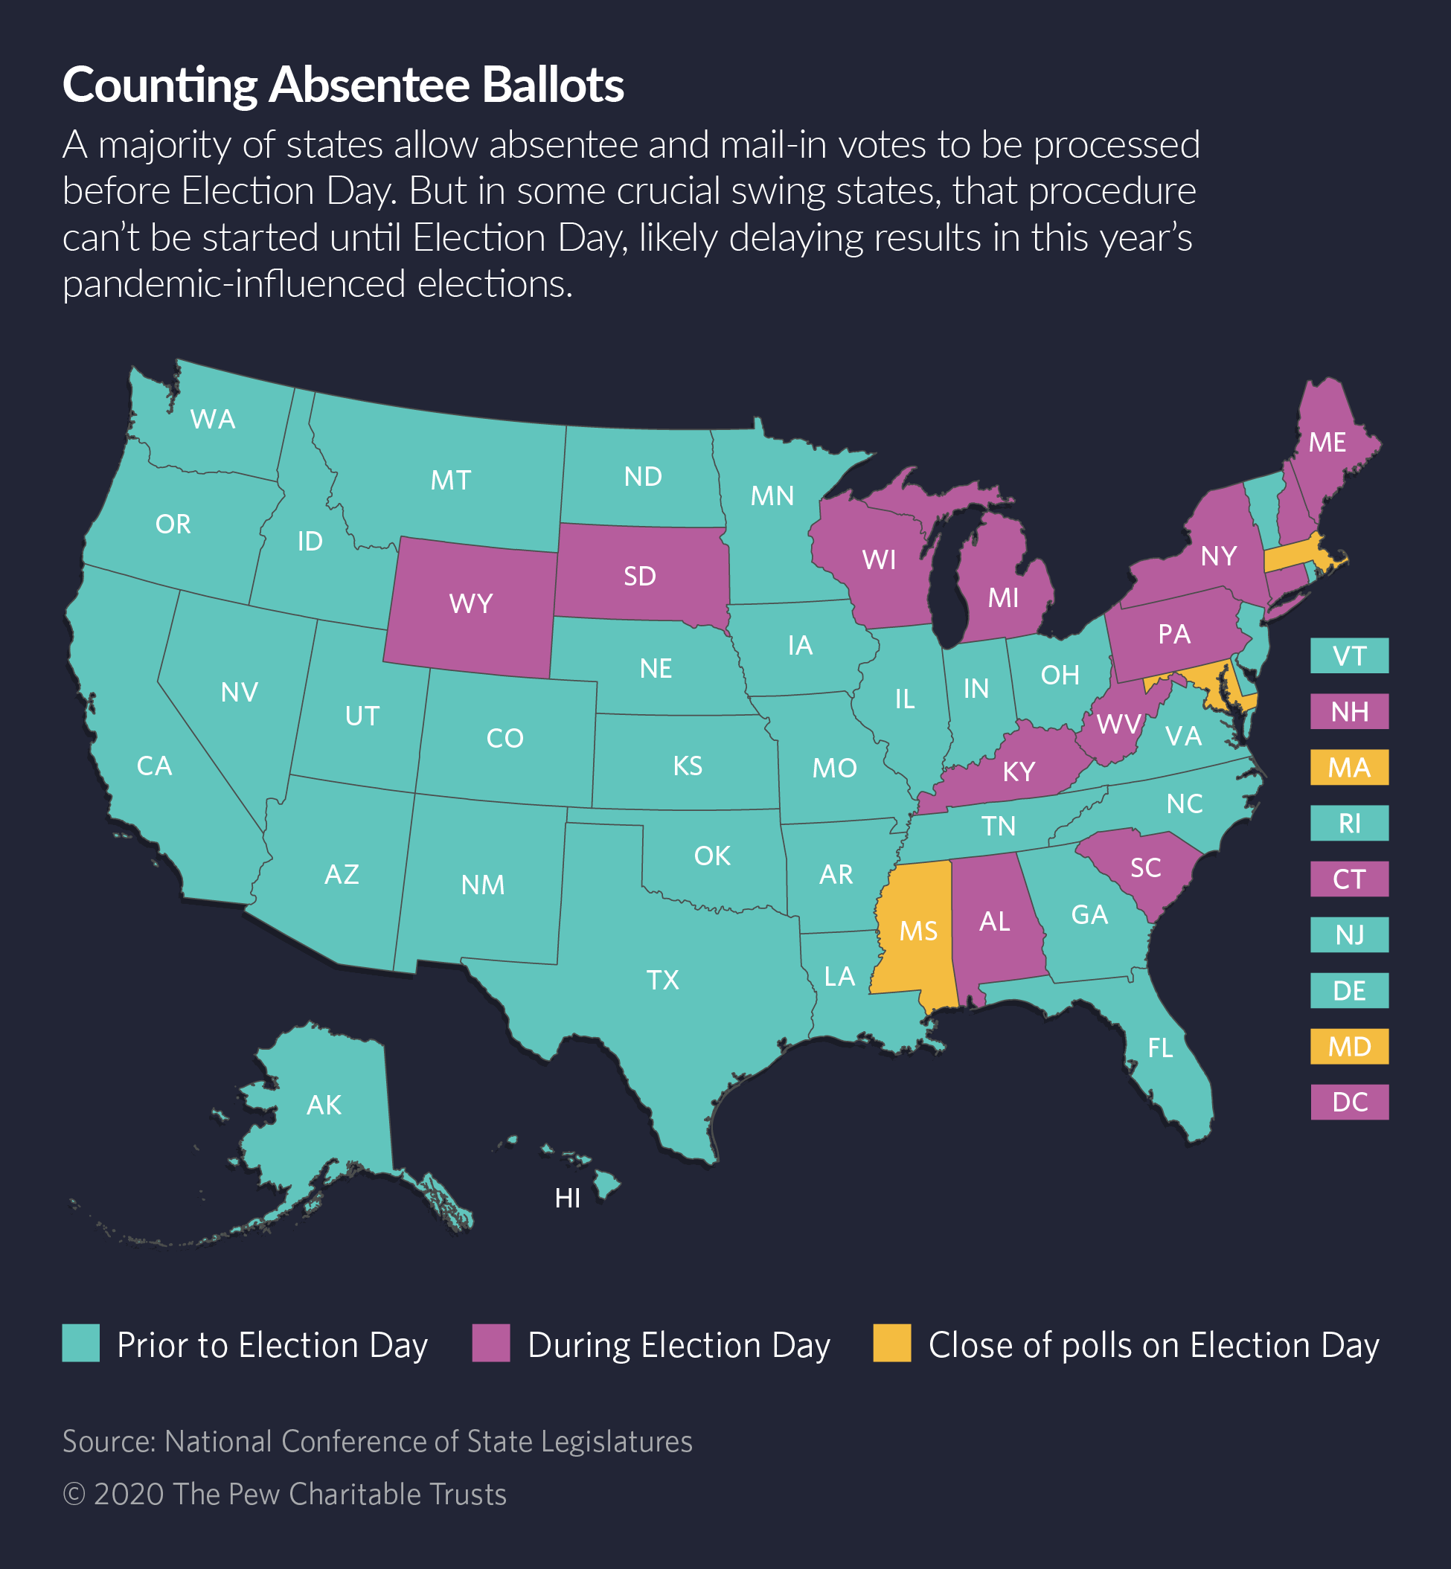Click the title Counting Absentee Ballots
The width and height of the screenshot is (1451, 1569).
[343, 84]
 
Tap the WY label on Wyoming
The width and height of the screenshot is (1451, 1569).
[470, 603]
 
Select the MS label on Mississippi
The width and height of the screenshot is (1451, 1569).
[918, 931]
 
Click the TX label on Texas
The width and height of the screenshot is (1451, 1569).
[662, 980]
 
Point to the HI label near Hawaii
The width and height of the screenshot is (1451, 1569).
[568, 1198]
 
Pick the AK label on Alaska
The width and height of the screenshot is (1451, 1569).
[324, 1105]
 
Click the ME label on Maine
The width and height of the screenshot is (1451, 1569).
[1327, 443]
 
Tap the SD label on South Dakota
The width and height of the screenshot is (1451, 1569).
[639, 576]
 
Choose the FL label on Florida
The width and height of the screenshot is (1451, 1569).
[1160, 1047]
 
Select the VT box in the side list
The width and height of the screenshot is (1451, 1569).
[1349, 655]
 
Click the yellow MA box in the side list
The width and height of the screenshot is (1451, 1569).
[1349, 767]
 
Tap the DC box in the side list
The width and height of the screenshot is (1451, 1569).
[1349, 1102]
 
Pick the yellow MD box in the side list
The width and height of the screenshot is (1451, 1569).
[1349, 1046]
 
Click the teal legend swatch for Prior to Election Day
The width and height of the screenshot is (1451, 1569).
[81, 1343]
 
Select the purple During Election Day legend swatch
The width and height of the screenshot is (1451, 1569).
[490, 1343]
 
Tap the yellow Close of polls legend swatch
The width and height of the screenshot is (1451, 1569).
[892, 1343]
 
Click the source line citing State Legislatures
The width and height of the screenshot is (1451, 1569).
[377, 1441]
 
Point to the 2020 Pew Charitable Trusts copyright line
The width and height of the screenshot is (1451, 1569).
[284, 1494]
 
